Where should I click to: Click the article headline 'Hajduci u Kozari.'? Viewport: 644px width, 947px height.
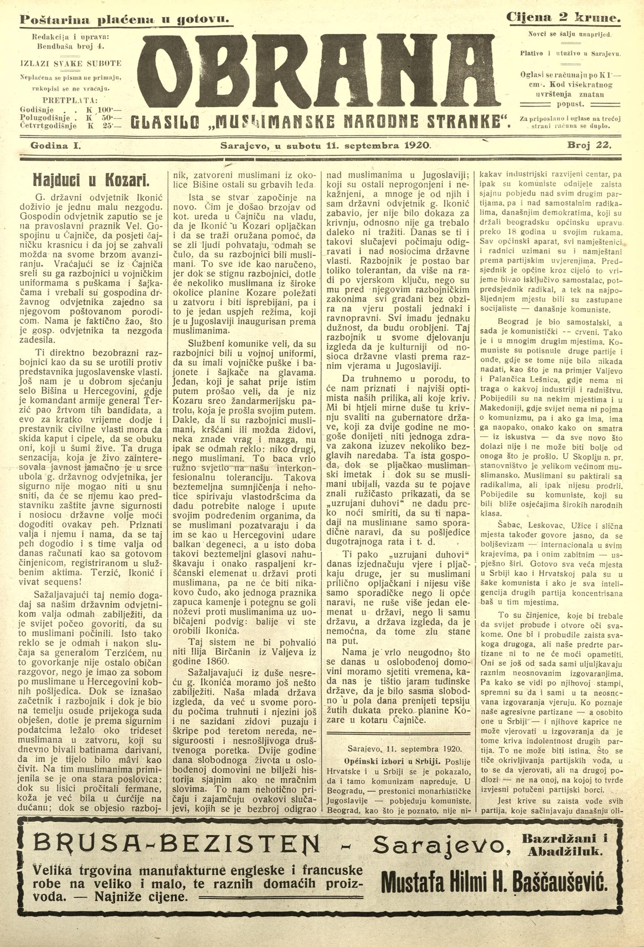pos(91,179)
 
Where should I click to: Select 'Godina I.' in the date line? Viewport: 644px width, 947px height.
pos(55,145)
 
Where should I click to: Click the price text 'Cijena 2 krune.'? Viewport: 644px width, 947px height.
pos(564,17)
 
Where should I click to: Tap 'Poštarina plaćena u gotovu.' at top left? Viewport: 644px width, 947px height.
pos(125,19)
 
